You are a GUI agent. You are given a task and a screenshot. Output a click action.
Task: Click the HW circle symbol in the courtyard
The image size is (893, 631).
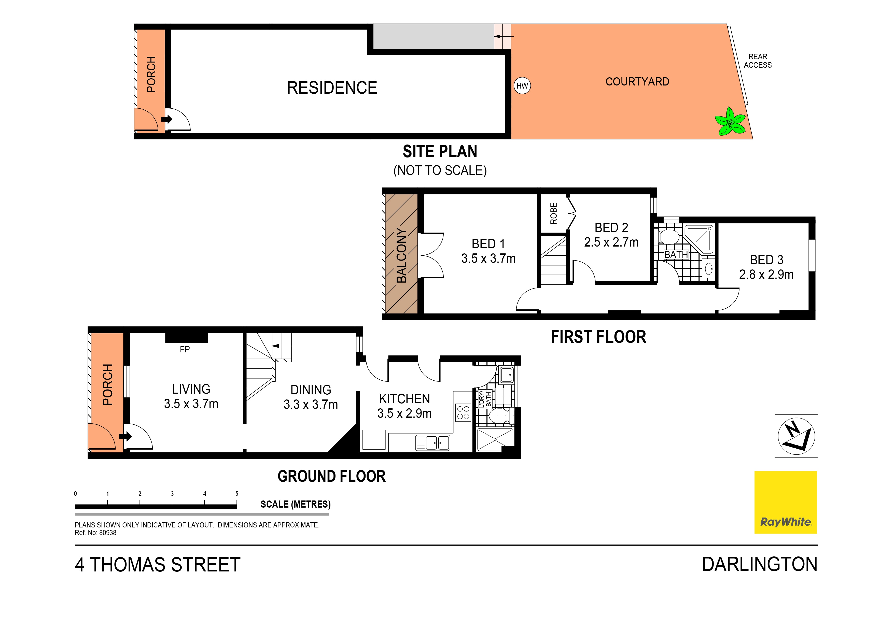point(522,86)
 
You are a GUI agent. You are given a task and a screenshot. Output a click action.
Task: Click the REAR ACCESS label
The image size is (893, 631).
point(757,61)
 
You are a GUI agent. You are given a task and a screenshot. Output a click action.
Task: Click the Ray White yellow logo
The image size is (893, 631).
point(785,502)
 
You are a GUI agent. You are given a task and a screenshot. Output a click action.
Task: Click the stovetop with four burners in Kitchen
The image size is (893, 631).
point(463,412)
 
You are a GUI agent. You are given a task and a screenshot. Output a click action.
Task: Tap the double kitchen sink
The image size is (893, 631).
point(432,443)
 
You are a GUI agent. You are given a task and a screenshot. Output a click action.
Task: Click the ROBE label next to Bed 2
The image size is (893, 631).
point(553,213)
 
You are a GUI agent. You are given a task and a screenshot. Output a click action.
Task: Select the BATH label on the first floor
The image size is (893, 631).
point(676,255)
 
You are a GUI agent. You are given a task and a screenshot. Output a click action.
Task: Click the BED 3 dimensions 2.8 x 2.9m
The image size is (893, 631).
point(766,275)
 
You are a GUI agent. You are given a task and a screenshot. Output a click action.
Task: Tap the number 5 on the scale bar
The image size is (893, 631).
point(237,494)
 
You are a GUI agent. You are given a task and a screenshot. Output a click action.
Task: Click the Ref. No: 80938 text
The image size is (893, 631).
point(96,533)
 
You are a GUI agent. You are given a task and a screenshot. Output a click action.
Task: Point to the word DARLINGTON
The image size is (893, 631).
point(759,565)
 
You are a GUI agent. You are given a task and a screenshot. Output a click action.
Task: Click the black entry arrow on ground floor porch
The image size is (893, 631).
point(125,436)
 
